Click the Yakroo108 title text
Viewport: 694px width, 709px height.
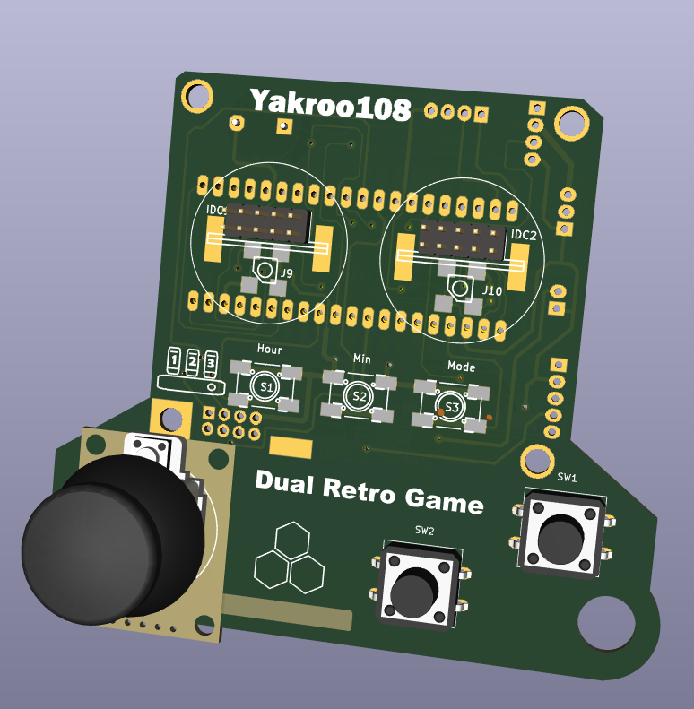pos(330,105)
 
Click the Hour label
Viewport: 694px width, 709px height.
pos(269,350)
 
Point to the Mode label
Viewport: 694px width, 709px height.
pos(461,367)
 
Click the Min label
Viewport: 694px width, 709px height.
pos(361,358)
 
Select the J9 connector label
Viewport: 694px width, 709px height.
pos(286,272)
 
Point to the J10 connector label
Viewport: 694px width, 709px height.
pos(492,291)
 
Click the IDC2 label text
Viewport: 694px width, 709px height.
pos(524,236)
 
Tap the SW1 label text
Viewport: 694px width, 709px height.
pos(567,478)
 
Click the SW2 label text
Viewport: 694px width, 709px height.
pos(424,531)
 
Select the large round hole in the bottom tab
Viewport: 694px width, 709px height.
pos(606,624)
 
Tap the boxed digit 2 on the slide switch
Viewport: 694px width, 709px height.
pos(193,361)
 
